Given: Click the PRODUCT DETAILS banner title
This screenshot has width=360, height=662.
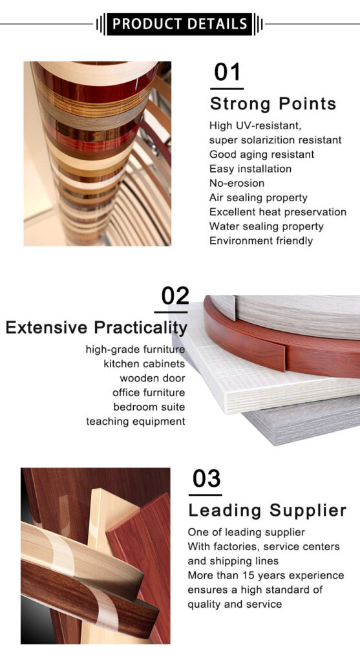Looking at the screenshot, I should [x=180, y=24].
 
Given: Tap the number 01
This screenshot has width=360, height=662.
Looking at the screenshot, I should [x=227, y=72].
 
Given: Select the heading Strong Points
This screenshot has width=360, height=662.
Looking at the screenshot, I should [x=273, y=104].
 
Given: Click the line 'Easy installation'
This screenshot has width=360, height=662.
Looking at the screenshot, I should [x=250, y=169].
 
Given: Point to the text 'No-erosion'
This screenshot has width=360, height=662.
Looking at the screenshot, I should [x=237, y=183].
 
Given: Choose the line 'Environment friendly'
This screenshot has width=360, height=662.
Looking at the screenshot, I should [x=260, y=240].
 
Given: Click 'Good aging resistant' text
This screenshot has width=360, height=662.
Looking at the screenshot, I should [x=262, y=155].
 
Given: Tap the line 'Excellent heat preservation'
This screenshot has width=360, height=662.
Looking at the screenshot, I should [x=277, y=212].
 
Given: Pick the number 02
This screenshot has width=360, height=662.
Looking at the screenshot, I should [x=175, y=295].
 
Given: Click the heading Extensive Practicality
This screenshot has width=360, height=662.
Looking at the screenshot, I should [x=96, y=327].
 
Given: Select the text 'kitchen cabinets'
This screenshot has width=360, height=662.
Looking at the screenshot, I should [x=144, y=364].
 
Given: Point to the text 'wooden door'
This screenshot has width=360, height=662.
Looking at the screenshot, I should [x=152, y=378].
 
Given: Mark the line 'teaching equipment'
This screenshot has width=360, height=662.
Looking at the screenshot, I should [x=136, y=422].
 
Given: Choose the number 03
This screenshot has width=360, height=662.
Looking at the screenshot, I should [x=206, y=479].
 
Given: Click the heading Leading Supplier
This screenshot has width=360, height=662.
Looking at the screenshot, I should [x=267, y=511].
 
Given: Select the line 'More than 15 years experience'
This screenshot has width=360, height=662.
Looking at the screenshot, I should [x=266, y=575].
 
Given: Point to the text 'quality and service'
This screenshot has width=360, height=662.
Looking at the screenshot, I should [x=235, y=604].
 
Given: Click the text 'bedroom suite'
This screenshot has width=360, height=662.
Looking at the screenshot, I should [x=149, y=407].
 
